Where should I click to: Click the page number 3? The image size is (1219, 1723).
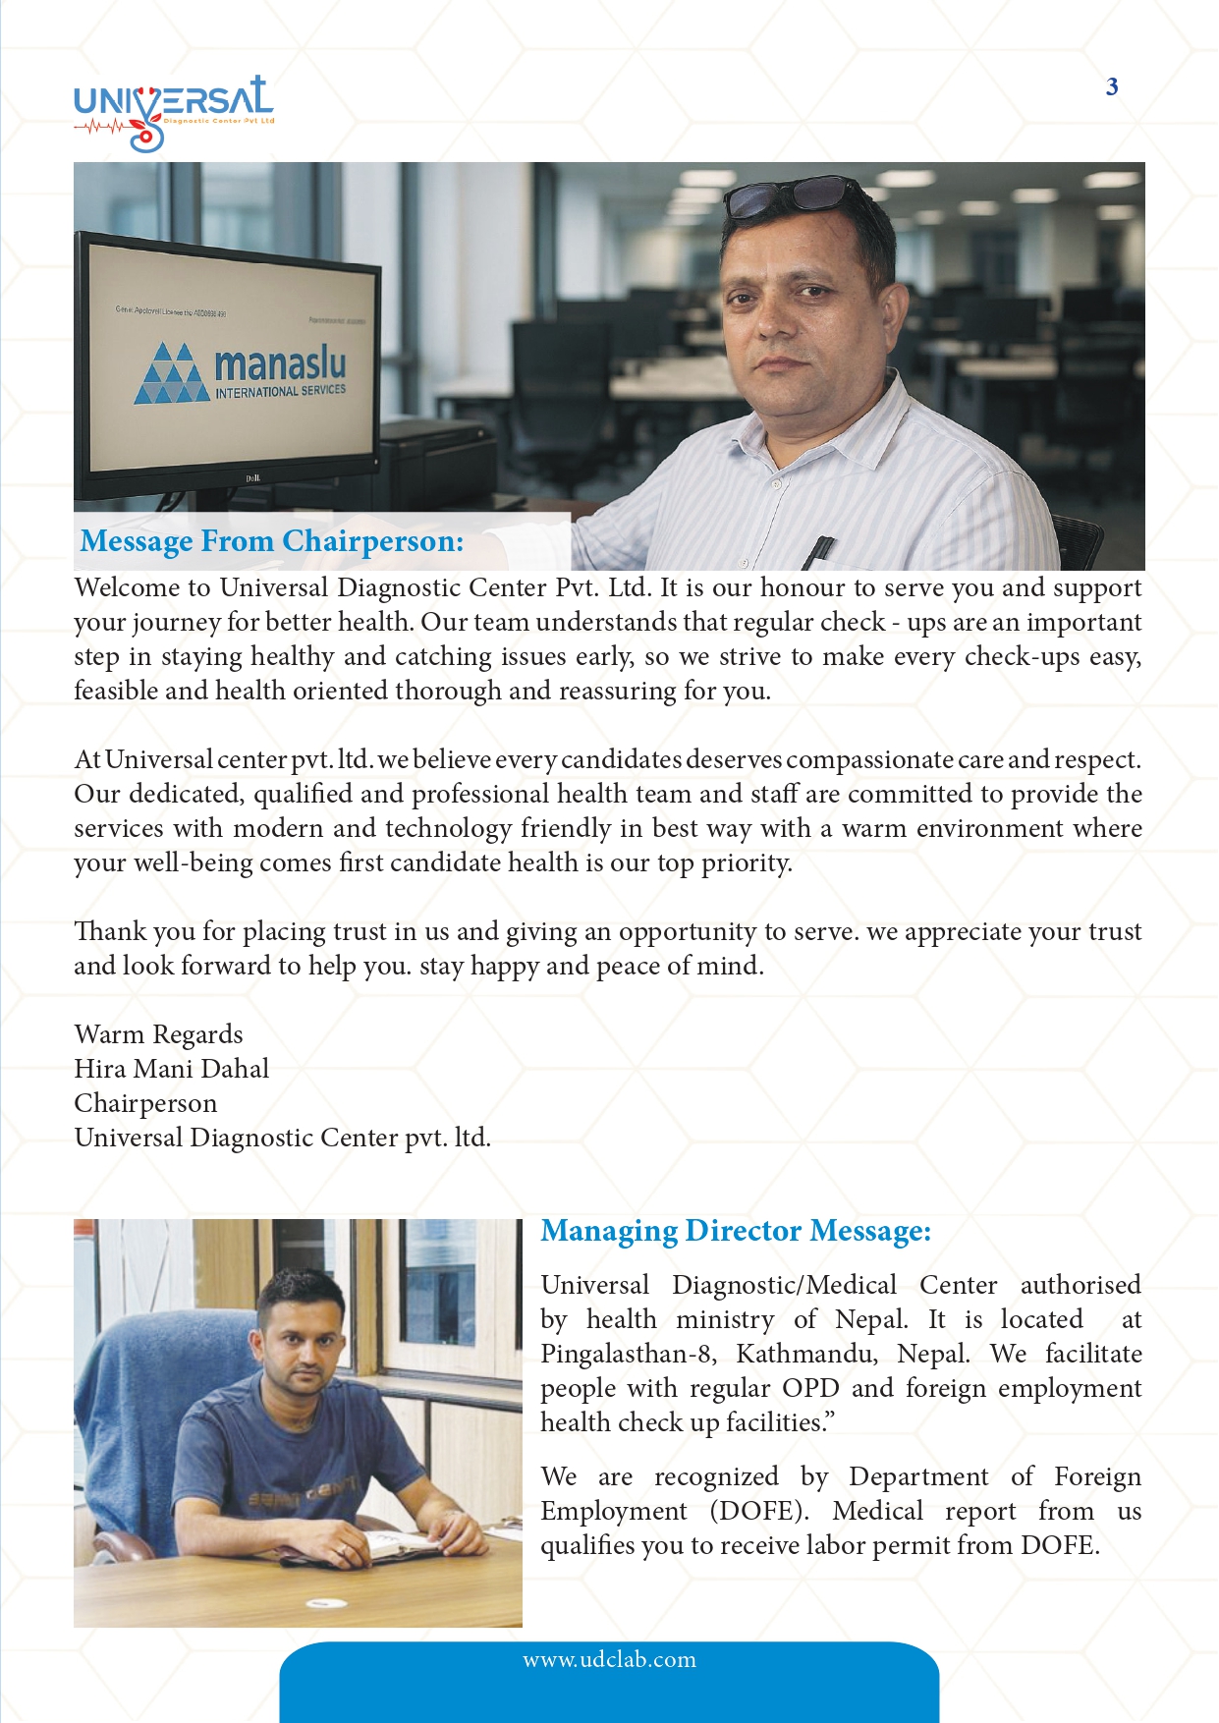click(1112, 87)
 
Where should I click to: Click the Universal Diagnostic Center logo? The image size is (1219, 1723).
click(174, 111)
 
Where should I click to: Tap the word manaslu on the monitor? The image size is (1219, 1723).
click(280, 363)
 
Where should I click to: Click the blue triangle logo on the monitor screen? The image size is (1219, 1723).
click(173, 374)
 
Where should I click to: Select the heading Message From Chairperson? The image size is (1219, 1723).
click(272, 541)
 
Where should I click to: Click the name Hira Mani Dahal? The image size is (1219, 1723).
click(171, 1069)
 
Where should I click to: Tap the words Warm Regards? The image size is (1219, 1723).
click(158, 1034)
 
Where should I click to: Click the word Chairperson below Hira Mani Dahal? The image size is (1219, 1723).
click(145, 1103)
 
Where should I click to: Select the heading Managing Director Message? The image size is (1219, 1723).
click(736, 1231)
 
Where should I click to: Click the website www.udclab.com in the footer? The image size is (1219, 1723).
click(609, 1660)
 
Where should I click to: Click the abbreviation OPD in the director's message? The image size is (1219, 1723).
click(810, 1388)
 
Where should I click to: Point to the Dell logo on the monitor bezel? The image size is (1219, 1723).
click(250, 479)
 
